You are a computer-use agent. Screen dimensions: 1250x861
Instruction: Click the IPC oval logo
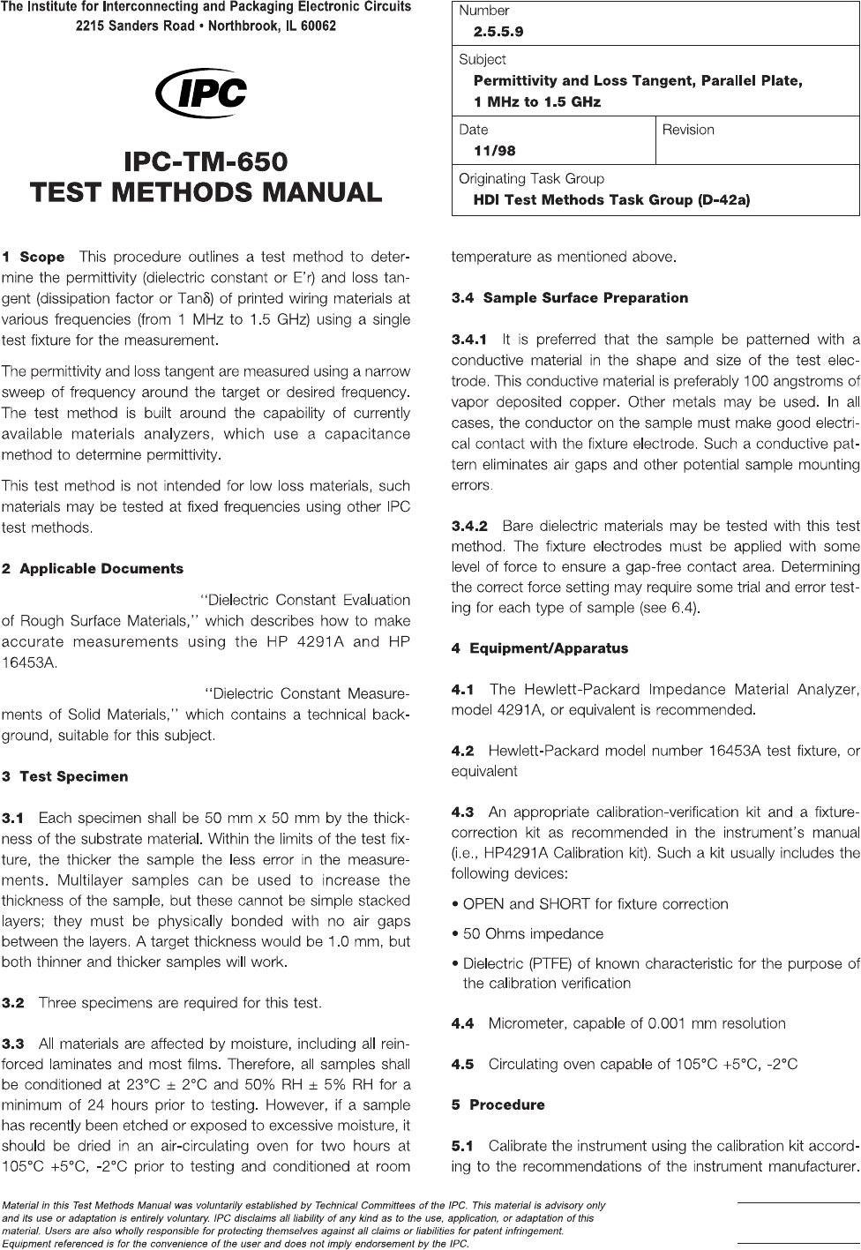(x=200, y=92)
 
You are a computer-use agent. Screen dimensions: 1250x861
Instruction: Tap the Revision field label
(x=688, y=130)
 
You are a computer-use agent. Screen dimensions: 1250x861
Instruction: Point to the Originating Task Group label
(x=531, y=178)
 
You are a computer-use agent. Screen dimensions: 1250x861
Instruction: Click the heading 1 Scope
(x=34, y=258)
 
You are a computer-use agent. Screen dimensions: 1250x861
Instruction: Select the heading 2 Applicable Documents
(x=93, y=569)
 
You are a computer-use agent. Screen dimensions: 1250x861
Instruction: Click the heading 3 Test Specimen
(x=65, y=777)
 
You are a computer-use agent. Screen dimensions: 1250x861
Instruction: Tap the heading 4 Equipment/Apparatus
(x=539, y=648)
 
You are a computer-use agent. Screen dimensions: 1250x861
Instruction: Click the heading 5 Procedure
(x=498, y=1104)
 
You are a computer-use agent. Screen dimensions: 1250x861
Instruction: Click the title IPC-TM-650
(x=206, y=163)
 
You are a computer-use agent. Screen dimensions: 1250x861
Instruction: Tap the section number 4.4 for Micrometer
(x=463, y=1023)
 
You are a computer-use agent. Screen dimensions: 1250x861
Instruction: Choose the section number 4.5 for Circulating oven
(x=463, y=1064)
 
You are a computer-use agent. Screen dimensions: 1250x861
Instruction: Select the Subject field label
(x=483, y=59)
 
